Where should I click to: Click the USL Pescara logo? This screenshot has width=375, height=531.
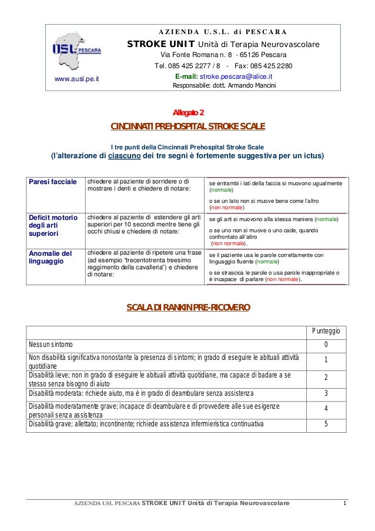pos(76,49)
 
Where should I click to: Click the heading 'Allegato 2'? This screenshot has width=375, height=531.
pos(188,112)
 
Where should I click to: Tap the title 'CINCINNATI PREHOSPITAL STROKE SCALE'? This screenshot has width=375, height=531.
pos(188,126)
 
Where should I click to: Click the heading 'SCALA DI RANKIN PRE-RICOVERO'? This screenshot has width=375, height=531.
pos(188,307)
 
